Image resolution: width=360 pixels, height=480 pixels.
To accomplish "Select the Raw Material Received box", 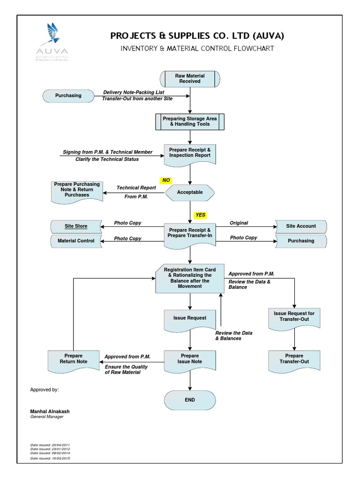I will (x=189, y=79).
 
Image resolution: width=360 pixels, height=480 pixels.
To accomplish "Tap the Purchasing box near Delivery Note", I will (x=68, y=96).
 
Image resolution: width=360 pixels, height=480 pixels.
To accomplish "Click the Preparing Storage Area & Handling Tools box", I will (x=189, y=122).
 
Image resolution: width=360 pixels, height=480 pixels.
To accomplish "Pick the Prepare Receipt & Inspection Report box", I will (x=190, y=153).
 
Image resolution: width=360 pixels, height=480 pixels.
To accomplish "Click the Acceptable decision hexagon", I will (x=190, y=192).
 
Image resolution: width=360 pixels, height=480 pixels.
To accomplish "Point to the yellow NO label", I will (x=166, y=180).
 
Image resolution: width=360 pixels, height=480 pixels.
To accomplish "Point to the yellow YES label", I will (x=201, y=215).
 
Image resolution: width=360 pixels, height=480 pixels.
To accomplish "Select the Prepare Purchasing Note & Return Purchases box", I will (x=77, y=190).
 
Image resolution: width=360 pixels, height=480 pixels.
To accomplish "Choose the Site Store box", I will (x=76, y=226).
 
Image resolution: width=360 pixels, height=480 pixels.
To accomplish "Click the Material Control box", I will (x=76, y=241).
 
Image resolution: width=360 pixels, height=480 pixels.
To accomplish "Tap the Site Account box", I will (x=301, y=226).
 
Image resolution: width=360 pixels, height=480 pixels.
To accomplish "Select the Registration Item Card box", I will (x=190, y=278).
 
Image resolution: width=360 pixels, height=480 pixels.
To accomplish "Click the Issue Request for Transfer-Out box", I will (x=294, y=316).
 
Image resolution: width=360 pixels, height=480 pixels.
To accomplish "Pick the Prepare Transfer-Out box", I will (x=294, y=359).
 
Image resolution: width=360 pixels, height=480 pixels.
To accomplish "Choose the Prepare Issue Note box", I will (x=190, y=359).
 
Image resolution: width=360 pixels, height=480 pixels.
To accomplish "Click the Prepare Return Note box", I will (x=74, y=359).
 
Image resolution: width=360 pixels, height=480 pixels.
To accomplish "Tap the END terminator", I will (x=190, y=400).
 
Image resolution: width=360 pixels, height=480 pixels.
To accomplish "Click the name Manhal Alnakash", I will (x=50, y=411).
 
